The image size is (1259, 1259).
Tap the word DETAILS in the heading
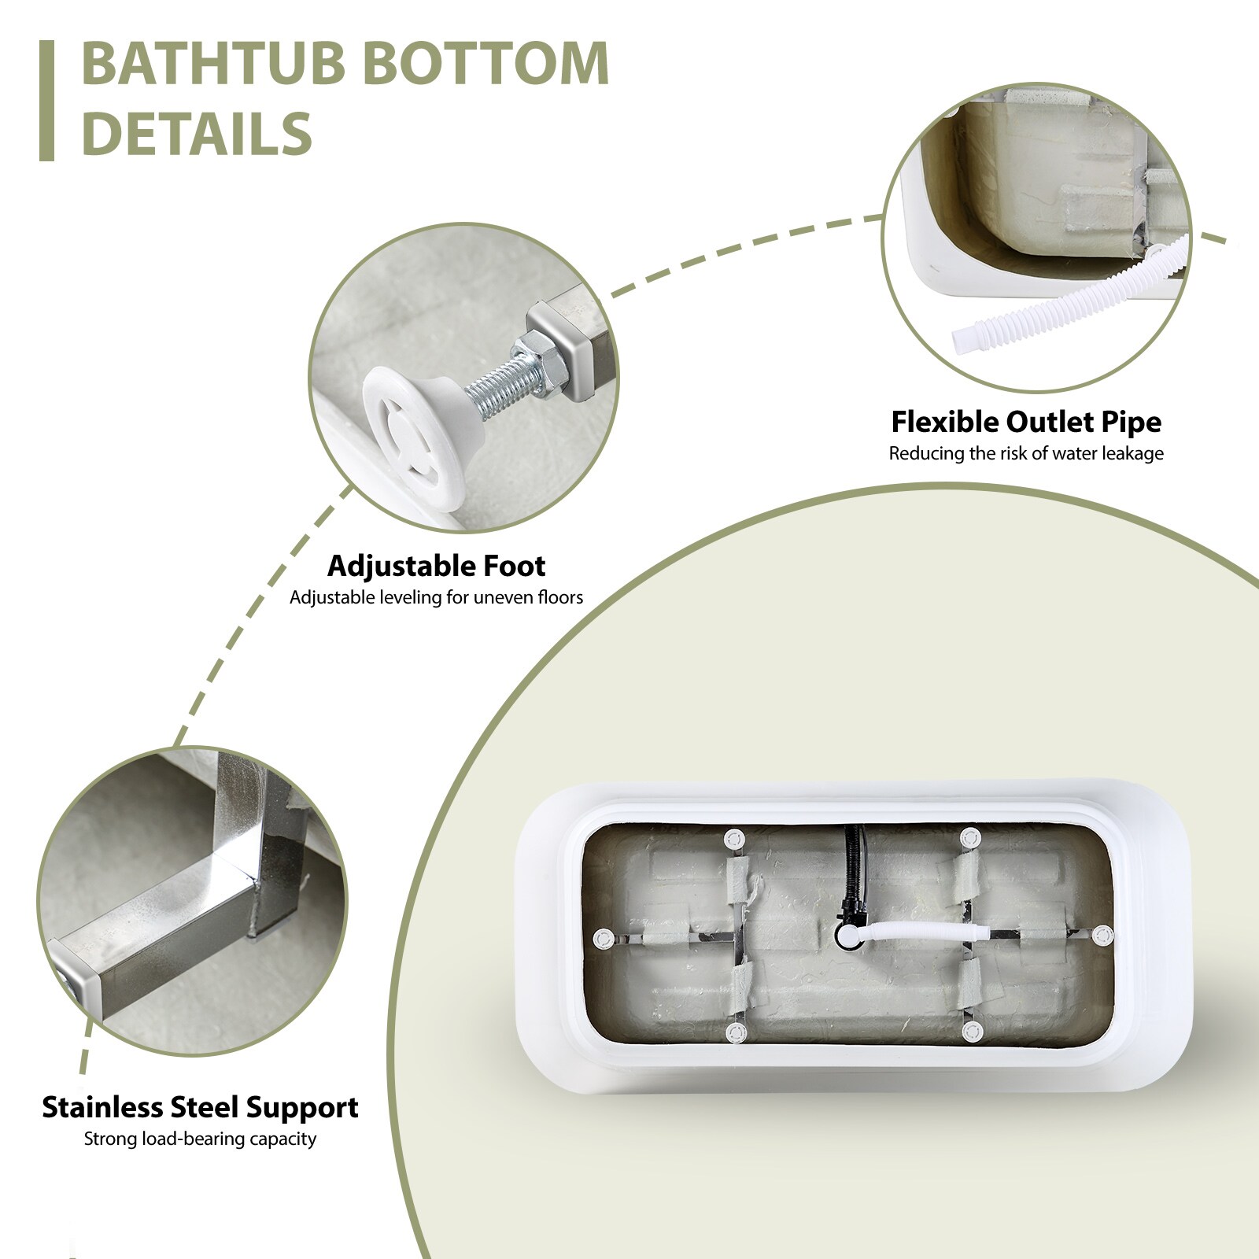point(197,132)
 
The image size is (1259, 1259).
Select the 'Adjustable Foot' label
point(436,566)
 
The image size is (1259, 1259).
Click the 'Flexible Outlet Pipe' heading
point(1026,422)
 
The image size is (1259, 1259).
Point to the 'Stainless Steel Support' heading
point(200,1107)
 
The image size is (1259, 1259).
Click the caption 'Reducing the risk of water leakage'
point(1026,453)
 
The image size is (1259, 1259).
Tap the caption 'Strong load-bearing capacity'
point(200,1139)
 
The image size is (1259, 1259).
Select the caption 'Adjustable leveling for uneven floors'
point(436,597)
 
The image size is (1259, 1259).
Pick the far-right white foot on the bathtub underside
point(1103,935)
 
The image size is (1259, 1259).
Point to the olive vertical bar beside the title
point(46,101)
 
